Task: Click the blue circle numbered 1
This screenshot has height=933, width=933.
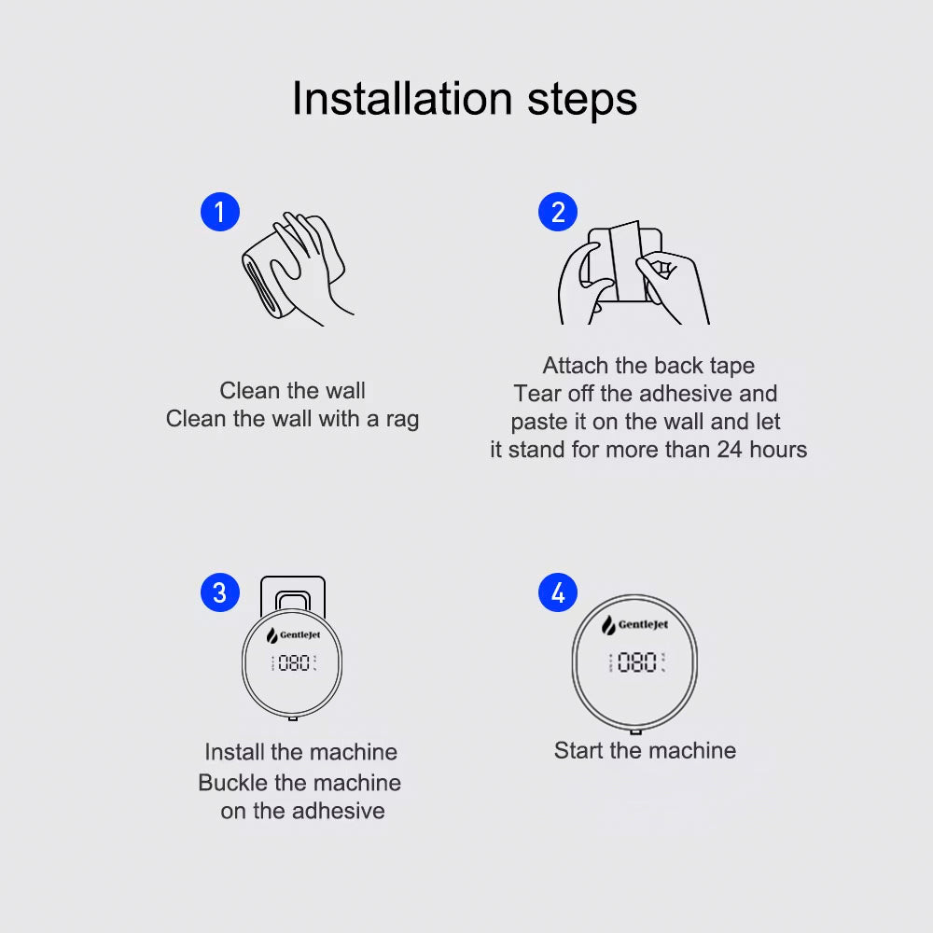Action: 220,212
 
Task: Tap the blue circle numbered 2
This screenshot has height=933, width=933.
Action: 558,212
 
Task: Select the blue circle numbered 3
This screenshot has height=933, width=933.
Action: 220,592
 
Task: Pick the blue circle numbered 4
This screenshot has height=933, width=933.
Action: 558,592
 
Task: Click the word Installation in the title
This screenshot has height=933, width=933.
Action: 402,99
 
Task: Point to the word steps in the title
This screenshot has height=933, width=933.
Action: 582,100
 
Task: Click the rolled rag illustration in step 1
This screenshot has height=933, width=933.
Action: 265,280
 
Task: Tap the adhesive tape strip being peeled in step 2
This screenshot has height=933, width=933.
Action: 626,262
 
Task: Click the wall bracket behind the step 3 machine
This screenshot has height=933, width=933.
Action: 293,589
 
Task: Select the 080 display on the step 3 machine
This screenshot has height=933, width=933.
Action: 293,662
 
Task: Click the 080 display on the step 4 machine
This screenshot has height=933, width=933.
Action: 636,662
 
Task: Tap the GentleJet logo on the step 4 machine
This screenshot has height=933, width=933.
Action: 634,625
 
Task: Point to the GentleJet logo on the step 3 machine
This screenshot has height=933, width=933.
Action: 293,635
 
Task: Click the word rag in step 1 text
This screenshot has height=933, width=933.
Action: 402,420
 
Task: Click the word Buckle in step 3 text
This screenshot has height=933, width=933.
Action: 231,783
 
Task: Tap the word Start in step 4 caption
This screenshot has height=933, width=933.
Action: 578,750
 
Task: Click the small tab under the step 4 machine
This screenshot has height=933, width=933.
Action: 635,731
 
